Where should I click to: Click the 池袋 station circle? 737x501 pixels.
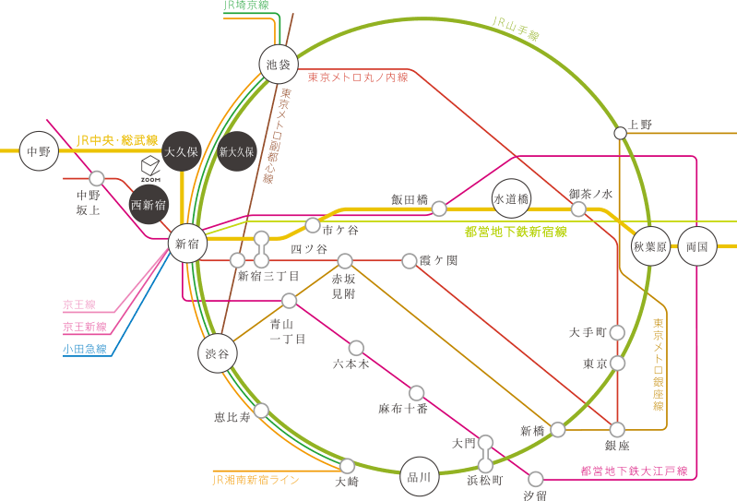[x=279, y=65]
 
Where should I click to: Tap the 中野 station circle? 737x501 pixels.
[x=39, y=151]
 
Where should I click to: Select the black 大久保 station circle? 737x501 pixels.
[x=182, y=151]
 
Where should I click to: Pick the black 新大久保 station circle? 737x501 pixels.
[x=237, y=151]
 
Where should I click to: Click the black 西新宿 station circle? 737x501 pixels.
[x=149, y=205]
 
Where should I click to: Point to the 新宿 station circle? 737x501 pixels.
[x=187, y=243]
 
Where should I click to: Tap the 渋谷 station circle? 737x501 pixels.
[x=217, y=353]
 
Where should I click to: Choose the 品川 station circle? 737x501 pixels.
[x=420, y=477]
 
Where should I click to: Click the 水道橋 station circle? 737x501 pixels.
[x=511, y=198]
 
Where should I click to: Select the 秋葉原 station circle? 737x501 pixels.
[x=650, y=245]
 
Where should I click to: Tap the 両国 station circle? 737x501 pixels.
[x=697, y=245]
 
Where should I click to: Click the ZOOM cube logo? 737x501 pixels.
[x=150, y=169]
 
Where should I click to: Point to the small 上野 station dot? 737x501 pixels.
[x=621, y=134]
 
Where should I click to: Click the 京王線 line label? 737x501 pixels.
[x=79, y=304]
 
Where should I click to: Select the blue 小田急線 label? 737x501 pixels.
[x=85, y=349]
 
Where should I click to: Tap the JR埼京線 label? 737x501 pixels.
[x=246, y=6]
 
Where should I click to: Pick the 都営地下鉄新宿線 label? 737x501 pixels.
[x=517, y=232]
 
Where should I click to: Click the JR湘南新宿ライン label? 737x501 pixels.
[x=256, y=480]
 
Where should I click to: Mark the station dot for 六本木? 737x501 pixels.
[x=356, y=348]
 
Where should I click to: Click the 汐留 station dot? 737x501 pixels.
[x=536, y=480]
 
